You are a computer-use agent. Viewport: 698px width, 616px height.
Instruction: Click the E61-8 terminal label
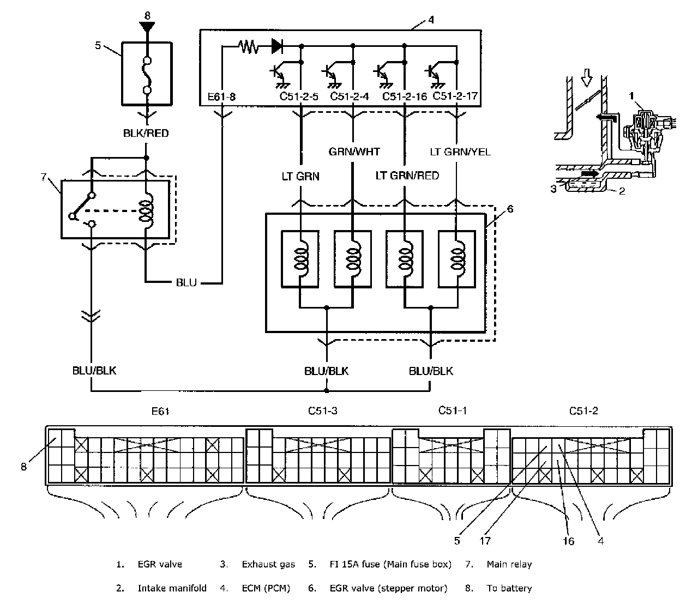pyautogui.click(x=221, y=97)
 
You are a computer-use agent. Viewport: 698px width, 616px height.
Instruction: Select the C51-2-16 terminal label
pyautogui.click(x=405, y=96)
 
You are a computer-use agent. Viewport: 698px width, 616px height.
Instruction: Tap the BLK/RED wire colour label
pyautogui.click(x=146, y=134)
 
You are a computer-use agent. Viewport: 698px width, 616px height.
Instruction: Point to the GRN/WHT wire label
pyautogui.click(x=354, y=152)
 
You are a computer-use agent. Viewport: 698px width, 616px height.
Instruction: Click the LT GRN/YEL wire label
pyautogui.click(x=460, y=152)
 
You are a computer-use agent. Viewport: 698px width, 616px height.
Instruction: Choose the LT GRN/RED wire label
pyautogui.click(x=407, y=176)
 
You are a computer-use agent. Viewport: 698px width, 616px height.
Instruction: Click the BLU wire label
pyautogui.click(x=186, y=282)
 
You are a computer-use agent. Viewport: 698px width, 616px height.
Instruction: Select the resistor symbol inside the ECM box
pyautogui.click(x=249, y=46)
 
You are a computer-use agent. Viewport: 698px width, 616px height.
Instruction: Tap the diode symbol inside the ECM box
pyautogui.click(x=277, y=46)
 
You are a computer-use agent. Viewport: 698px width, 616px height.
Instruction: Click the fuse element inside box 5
pyautogui.click(x=147, y=75)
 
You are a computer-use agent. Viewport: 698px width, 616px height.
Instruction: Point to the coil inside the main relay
pyautogui.click(x=146, y=210)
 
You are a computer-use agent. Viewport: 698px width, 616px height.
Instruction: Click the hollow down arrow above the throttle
pyautogui.click(x=586, y=77)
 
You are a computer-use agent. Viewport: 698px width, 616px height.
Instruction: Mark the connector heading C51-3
pyautogui.click(x=322, y=410)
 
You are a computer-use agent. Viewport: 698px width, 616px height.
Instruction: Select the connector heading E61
pyautogui.click(x=160, y=411)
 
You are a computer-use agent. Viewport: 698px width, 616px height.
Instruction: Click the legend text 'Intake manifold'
pyautogui.click(x=172, y=588)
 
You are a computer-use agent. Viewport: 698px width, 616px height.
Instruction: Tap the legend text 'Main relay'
pyautogui.click(x=509, y=564)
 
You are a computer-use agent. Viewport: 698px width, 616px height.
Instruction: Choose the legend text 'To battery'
pyautogui.click(x=509, y=588)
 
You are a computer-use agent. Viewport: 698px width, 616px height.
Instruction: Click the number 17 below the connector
pyautogui.click(x=485, y=541)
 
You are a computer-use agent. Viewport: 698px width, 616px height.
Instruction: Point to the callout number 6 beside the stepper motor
pyautogui.click(x=510, y=209)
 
